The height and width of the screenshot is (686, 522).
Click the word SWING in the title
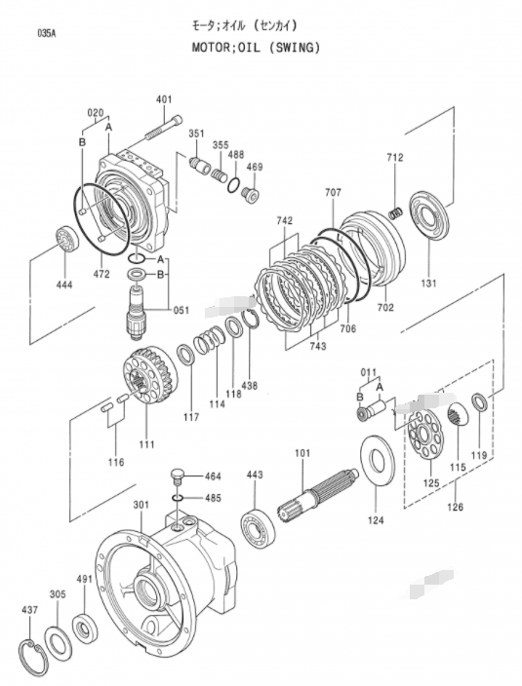pyautogui.click(x=294, y=47)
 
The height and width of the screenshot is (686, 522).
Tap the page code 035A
pyautogui.click(x=47, y=34)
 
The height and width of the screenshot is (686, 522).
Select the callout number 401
pyautogui.click(x=164, y=99)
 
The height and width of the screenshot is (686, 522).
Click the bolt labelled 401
pyautogui.click(x=162, y=128)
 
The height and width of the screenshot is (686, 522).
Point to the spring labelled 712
pyautogui.click(x=396, y=213)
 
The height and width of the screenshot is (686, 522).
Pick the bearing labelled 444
pyautogui.click(x=66, y=239)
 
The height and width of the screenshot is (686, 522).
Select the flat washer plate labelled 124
pyautogui.click(x=377, y=460)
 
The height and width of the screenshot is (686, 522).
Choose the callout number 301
pyautogui.click(x=141, y=505)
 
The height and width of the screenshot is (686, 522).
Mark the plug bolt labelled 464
pyautogui.click(x=177, y=476)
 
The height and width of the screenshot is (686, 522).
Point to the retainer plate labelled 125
pyautogui.click(x=424, y=434)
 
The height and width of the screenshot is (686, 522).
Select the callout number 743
pyautogui.click(x=317, y=346)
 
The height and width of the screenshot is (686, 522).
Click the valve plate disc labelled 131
pyautogui.click(x=429, y=215)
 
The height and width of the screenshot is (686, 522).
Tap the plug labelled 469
pyautogui.click(x=251, y=195)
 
